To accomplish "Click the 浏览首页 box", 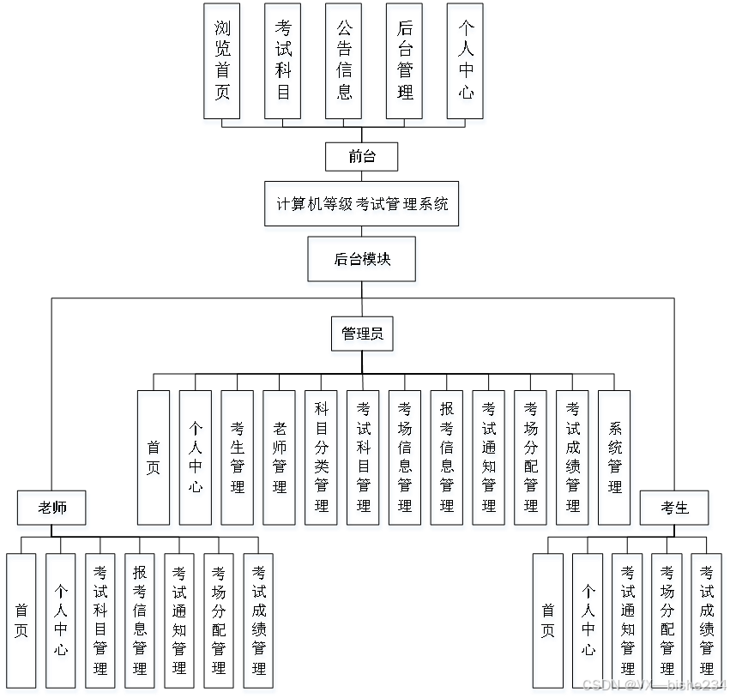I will pos(223,64).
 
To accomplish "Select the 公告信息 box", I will pos(344,64).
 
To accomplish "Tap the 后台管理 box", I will pos(405,64).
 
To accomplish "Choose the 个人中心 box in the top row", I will pos(466,64).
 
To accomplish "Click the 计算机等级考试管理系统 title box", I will pos(362,207).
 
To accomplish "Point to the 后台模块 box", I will pos(363,262).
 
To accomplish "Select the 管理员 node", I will pos(363,336).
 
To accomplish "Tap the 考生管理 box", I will pos(238,460).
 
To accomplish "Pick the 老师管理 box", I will pos(281,460).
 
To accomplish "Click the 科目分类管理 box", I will pos(322,460).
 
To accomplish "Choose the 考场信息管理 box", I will pos(406,460).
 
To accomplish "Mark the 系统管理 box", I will pos(615,460).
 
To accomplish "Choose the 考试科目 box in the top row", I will pos(283,64).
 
